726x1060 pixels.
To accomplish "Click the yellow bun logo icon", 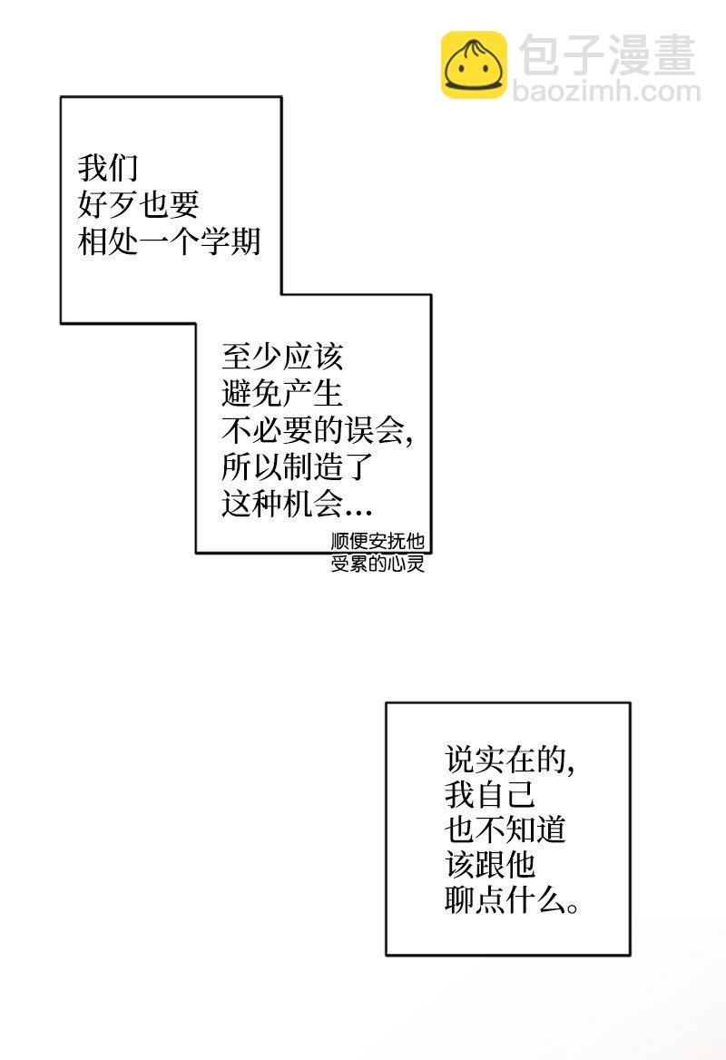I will tap(474, 64).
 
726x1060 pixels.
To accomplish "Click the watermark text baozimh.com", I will tap(606, 91).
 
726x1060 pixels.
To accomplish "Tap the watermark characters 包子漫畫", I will tap(606, 54).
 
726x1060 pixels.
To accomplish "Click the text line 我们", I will tap(107, 169).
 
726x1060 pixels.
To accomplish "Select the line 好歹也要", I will tap(138, 205).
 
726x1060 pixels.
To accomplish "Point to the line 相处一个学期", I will tap(169, 241).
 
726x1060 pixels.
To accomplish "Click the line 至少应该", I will tap(281, 356).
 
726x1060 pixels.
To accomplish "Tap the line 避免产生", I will tap(281, 393).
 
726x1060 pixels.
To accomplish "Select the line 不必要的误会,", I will tap(317, 430).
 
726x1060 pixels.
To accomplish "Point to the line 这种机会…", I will tap(297, 504).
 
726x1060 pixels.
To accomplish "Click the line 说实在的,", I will tap(510, 759).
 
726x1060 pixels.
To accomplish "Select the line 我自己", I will tap(490, 796).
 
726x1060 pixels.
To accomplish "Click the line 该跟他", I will tap(490, 868).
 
